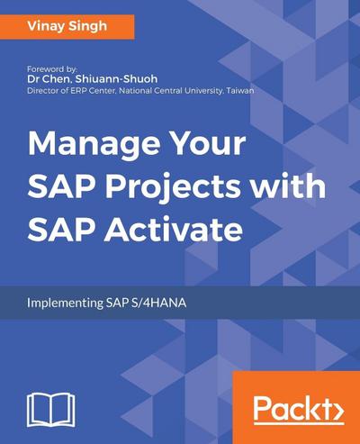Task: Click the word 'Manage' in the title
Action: pos(85,148)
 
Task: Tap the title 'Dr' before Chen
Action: pos(34,79)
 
